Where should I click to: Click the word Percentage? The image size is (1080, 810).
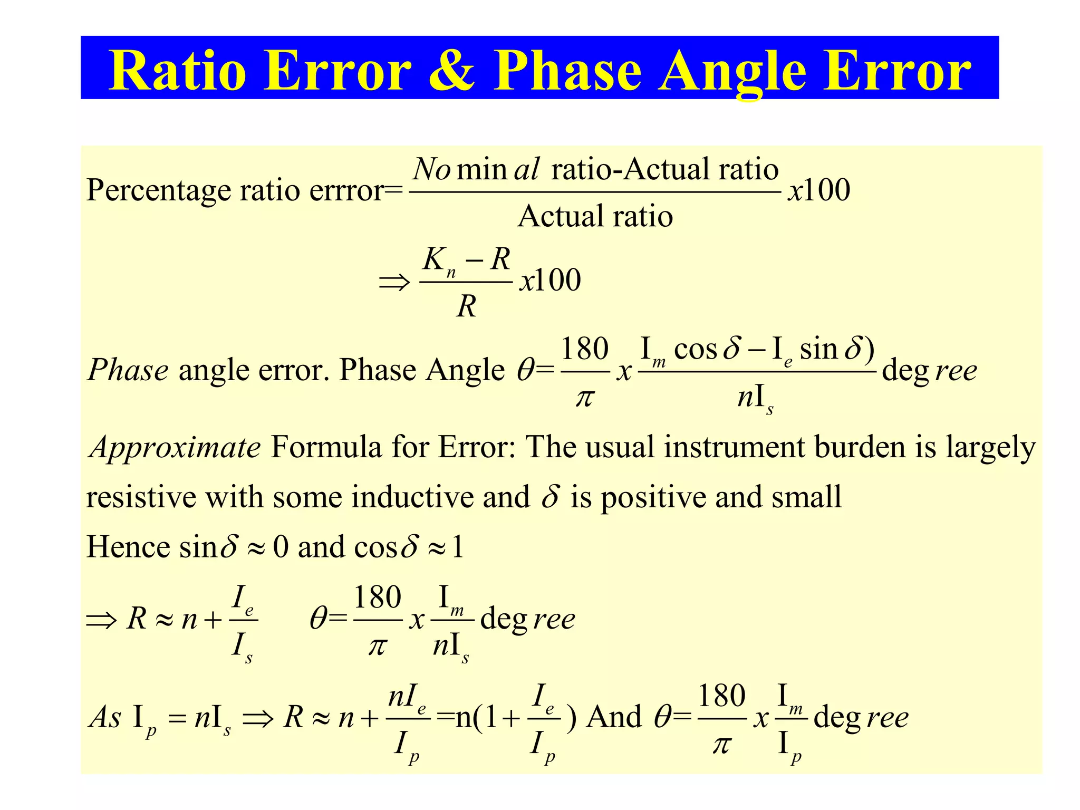pyautogui.click(x=159, y=191)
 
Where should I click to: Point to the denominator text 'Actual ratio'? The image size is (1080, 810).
pyautogui.click(x=595, y=216)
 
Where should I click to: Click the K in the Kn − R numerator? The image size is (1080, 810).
pyautogui.click(x=435, y=260)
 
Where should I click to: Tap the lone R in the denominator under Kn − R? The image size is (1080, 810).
pyautogui.click(x=466, y=306)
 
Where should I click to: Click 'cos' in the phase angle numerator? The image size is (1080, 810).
pyautogui.click(x=696, y=349)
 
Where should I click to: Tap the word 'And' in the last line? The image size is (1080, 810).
pyautogui.click(x=614, y=717)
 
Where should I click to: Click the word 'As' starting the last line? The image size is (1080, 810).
pyautogui.click(x=106, y=717)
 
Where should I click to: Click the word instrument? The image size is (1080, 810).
pyautogui.click(x=734, y=448)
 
